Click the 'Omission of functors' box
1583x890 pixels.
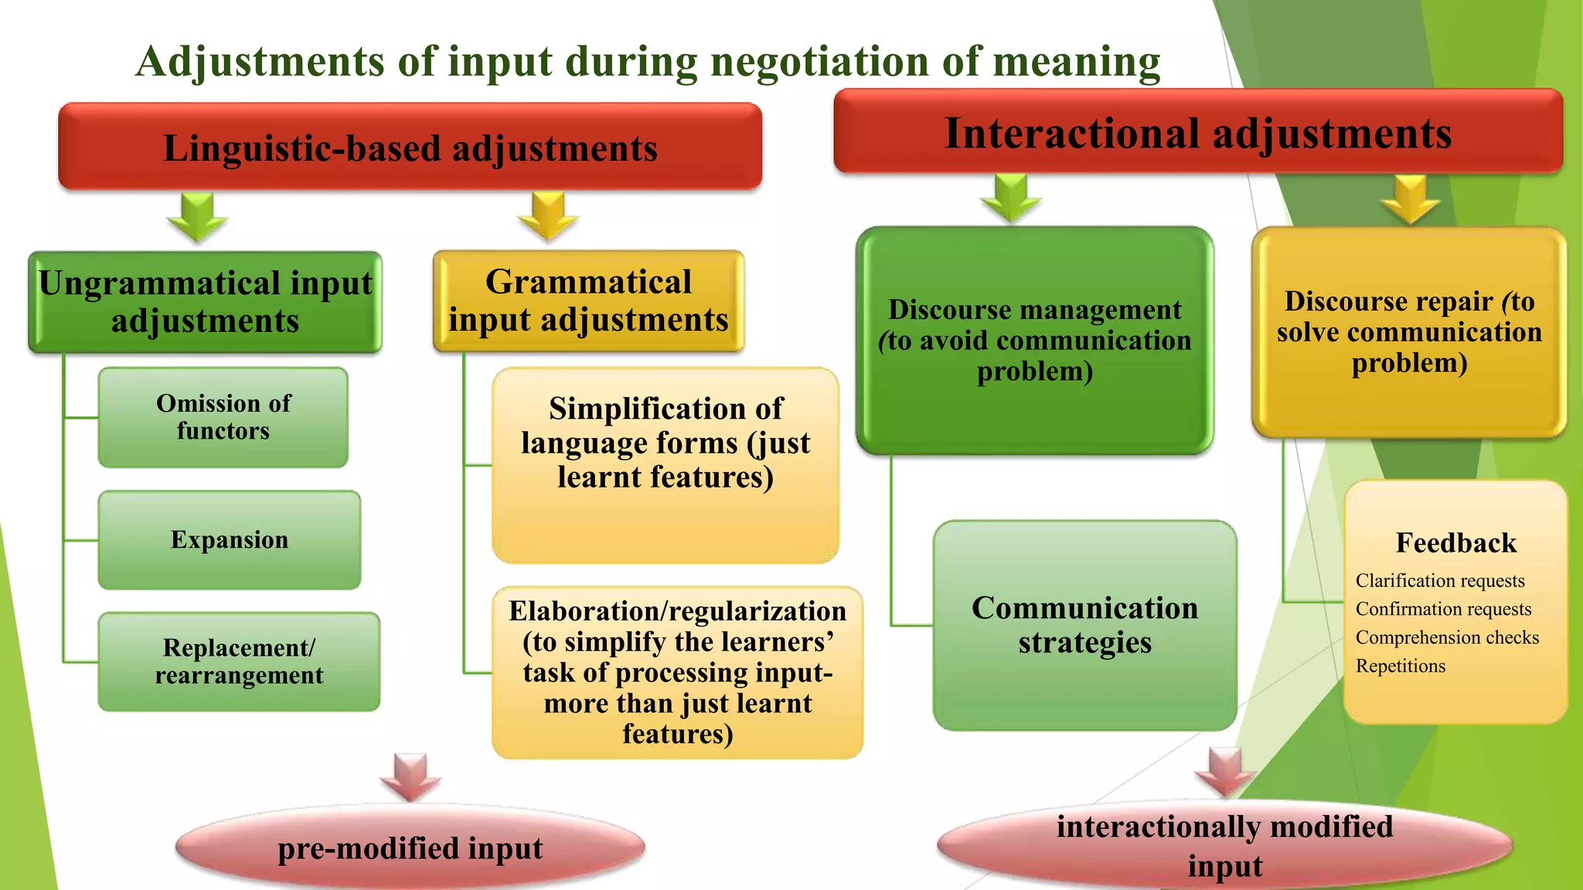(223, 417)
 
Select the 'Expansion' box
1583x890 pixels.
(229, 540)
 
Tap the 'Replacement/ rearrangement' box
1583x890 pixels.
(239, 661)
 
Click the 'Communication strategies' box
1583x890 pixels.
(1084, 625)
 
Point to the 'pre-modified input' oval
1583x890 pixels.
(410, 848)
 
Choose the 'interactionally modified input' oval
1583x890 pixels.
(1224, 845)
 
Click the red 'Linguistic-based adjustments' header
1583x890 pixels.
(410, 147)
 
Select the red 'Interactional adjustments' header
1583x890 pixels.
(1197, 132)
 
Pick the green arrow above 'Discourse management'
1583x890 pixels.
(1010, 199)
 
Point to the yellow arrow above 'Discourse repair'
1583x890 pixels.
(1411, 200)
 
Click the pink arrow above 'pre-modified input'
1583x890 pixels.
(410, 777)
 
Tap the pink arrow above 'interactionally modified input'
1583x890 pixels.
(1225, 771)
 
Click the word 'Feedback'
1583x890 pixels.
(1455, 543)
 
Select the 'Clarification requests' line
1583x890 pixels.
(1439, 581)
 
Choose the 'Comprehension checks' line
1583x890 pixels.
(1447, 637)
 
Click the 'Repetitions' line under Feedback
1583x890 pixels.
(1400, 666)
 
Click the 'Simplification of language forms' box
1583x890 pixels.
(665, 464)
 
